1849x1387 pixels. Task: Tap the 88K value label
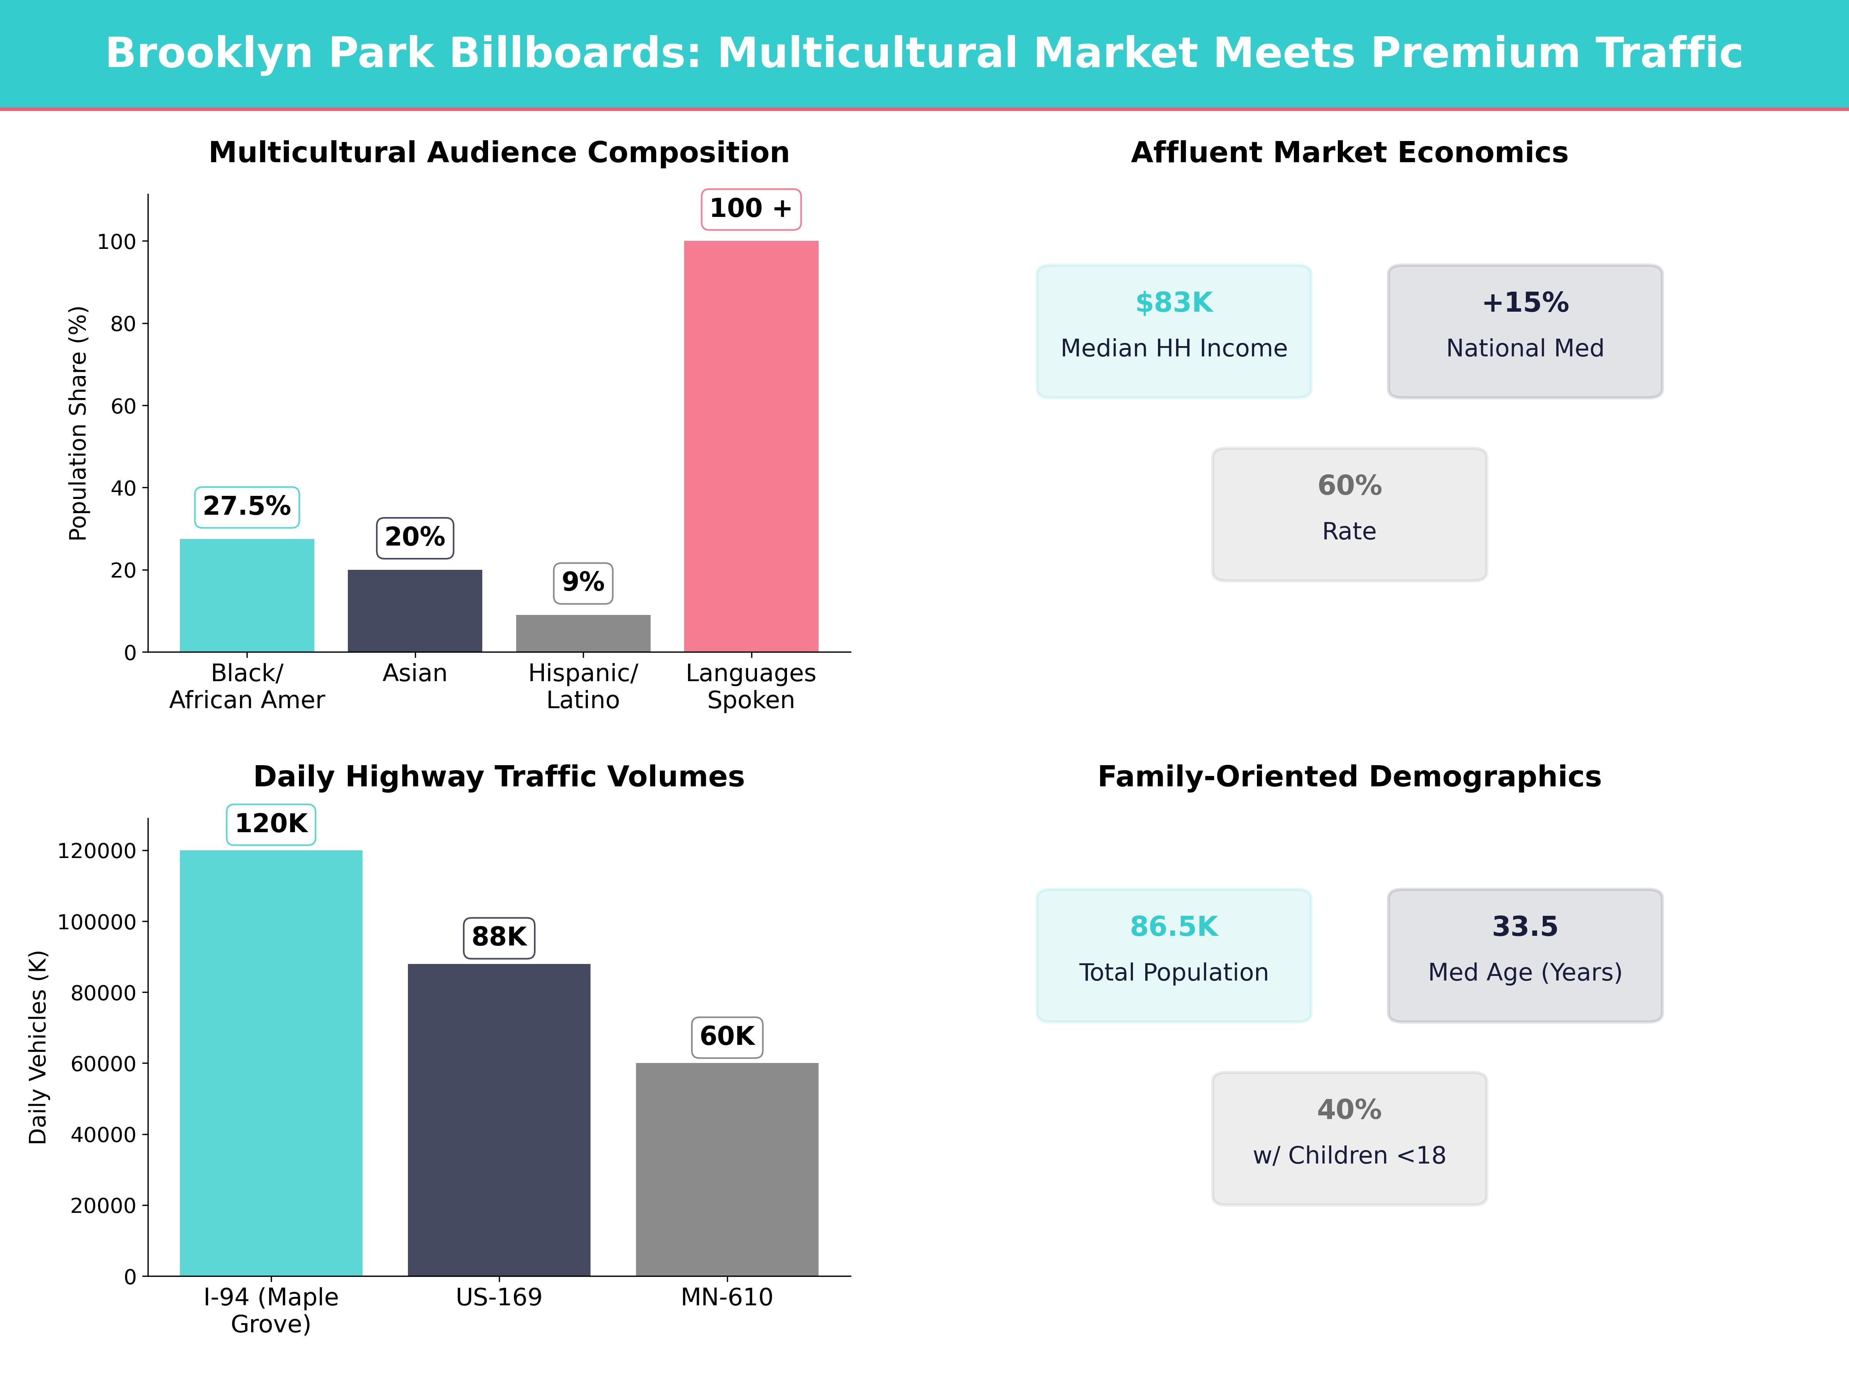pos(499,936)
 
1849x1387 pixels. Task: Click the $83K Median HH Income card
pos(1174,331)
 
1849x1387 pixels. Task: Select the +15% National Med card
pos(1525,331)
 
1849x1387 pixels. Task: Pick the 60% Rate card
pos(1349,514)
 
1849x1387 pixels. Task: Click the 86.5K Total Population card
pos(1174,955)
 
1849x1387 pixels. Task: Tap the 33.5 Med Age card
pos(1525,955)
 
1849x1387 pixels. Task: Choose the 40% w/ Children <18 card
pos(1349,1138)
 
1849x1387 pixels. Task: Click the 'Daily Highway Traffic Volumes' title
pos(499,777)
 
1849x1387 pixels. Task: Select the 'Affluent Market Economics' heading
pos(1349,153)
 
